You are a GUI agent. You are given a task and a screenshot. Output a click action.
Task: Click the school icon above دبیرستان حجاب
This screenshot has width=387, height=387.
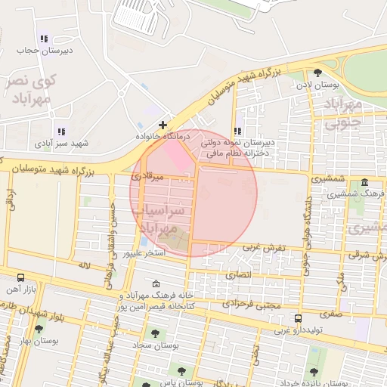point(44,39)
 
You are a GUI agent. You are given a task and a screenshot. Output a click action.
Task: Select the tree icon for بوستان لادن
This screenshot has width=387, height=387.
point(317,73)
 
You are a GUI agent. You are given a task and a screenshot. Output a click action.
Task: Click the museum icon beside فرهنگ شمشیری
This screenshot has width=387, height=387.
point(365,183)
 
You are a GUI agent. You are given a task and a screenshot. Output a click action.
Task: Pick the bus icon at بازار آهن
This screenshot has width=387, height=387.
point(20,277)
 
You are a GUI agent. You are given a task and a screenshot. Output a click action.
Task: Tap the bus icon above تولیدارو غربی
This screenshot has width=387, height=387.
point(299,318)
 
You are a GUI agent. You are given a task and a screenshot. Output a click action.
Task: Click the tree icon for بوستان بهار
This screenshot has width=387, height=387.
point(39,329)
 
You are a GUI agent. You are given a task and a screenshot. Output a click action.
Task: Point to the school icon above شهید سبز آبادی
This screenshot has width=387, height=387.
point(60,131)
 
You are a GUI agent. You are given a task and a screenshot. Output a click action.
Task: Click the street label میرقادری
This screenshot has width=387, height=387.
point(147,176)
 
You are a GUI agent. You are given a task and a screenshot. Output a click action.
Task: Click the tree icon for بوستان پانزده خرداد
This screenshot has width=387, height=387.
point(314,371)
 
